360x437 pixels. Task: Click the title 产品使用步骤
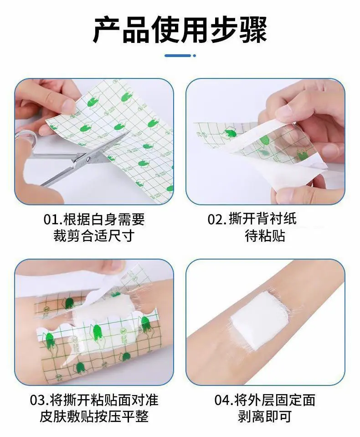pyautogui.click(x=180, y=30)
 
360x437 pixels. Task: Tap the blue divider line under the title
pyautogui.click(x=178, y=56)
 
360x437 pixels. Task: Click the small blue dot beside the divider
pyautogui.click(x=194, y=56)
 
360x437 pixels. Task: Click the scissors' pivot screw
pyautogui.click(x=88, y=159)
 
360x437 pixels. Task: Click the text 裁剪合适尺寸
pyautogui.click(x=94, y=235)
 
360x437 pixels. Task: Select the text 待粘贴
pyautogui.click(x=265, y=235)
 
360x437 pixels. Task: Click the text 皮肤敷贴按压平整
pyautogui.click(x=94, y=416)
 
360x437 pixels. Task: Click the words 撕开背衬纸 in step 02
pyautogui.click(x=262, y=219)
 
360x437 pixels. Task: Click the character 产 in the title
pyautogui.click(x=107, y=30)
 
